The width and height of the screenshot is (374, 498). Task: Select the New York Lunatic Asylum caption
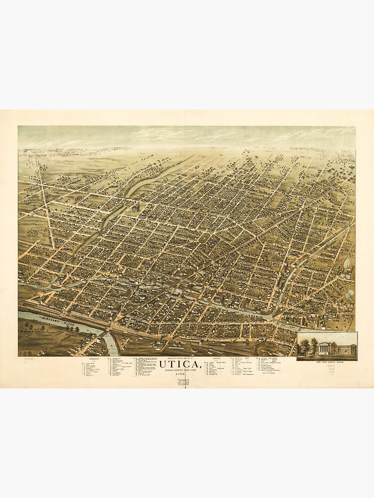coord(327,362)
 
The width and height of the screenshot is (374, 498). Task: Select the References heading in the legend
coord(94,358)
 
